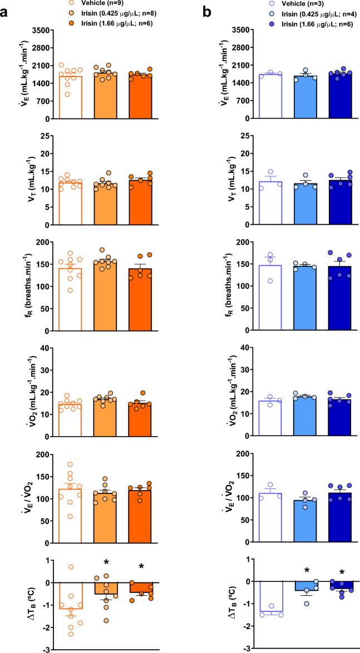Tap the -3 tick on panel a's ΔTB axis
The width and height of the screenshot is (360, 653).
coord(47,650)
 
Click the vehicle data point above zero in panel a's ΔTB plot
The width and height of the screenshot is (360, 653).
coord(72,567)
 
